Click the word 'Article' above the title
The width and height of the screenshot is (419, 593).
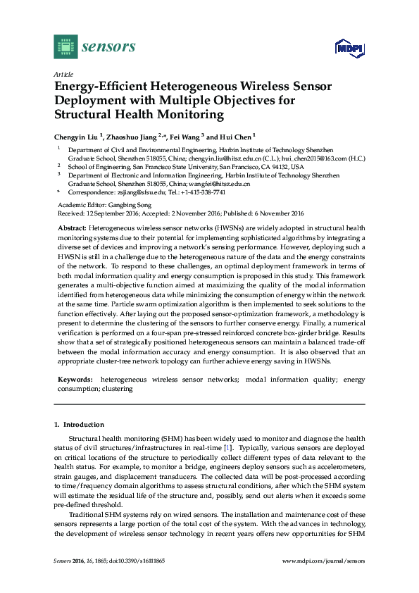pos(63,74)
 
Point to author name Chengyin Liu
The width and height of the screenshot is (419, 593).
pos(77,135)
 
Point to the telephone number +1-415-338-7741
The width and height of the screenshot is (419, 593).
pos(204,192)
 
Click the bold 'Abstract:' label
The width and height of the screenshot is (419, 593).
pos(70,229)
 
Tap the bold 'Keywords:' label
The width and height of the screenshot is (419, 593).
pos(73,380)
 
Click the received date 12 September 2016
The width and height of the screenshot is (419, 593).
pos(109,213)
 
